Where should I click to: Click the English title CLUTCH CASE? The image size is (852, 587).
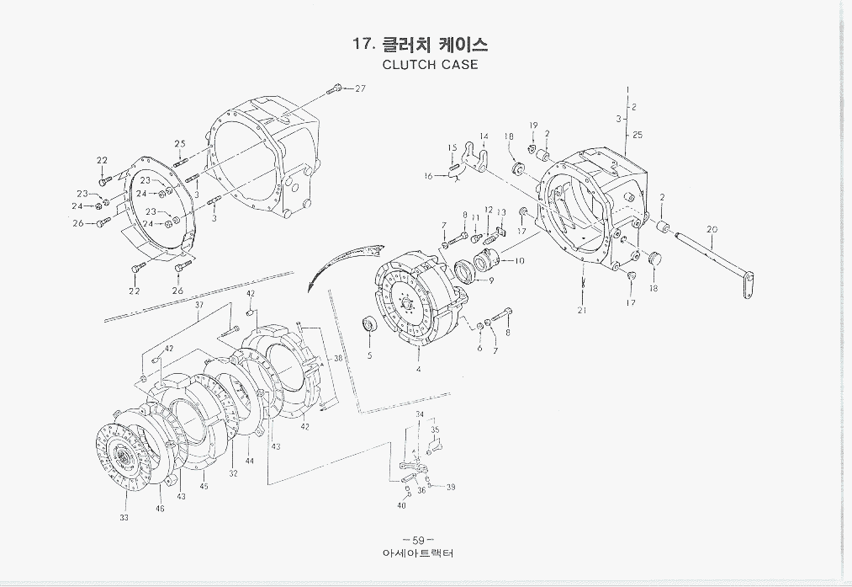[x=430, y=65]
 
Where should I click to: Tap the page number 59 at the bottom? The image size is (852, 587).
[x=417, y=540]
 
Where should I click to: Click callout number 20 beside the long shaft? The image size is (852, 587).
[x=712, y=229]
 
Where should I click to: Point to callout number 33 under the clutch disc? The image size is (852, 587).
[x=124, y=518]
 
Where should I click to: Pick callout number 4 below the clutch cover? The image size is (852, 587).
[x=419, y=369]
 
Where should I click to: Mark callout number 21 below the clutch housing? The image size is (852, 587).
[x=582, y=311]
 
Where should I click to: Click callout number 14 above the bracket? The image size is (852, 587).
[x=484, y=136]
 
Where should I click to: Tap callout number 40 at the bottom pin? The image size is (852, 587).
[x=401, y=505]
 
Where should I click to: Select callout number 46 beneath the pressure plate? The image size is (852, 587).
[x=160, y=510]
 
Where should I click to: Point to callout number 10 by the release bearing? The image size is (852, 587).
[x=519, y=261]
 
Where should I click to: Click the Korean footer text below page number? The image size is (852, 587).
[x=417, y=554]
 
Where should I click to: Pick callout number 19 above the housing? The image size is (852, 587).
[x=533, y=125]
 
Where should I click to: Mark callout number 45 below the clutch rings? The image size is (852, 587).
[x=204, y=487]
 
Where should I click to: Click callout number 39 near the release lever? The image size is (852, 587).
[x=451, y=488]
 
